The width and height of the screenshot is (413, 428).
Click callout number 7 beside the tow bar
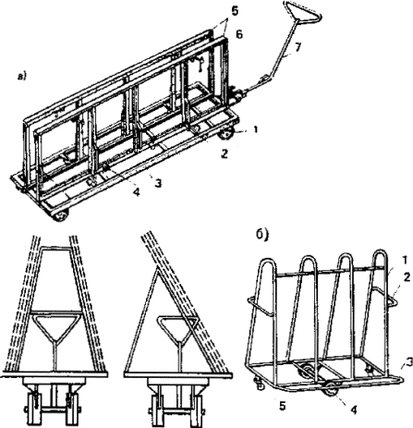click(x=298, y=49)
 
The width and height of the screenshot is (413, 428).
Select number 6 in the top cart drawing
click(x=239, y=34)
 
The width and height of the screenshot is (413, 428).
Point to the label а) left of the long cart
click(x=22, y=77)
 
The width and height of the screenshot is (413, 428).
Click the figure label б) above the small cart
click(x=263, y=235)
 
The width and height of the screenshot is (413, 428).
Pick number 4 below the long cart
click(x=136, y=192)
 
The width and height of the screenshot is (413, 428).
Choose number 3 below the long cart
click(x=158, y=184)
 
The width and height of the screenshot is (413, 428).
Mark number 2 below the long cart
click(x=225, y=153)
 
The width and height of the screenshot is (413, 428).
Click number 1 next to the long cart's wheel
click(x=255, y=129)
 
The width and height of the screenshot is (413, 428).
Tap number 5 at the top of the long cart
click(x=235, y=12)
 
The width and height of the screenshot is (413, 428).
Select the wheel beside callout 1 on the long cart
click(x=226, y=133)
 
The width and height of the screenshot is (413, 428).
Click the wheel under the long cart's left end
click(x=60, y=214)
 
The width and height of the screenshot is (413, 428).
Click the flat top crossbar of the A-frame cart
click(x=56, y=248)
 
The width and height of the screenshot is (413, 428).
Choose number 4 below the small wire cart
click(x=354, y=410)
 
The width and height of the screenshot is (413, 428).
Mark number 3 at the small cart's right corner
click(x=408, y=364)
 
